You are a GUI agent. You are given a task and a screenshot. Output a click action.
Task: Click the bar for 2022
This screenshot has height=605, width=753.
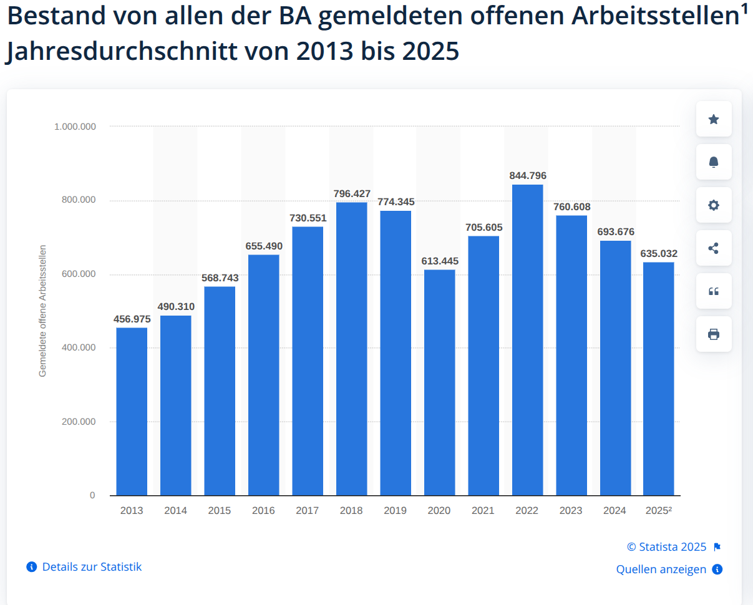point(527,340)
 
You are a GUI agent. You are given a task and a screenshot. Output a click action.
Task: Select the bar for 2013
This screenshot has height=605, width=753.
point(132,412)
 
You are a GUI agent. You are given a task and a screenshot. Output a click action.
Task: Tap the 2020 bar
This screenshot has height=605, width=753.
point(439,382)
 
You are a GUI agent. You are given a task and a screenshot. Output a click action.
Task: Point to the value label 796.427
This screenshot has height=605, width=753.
point(352,194)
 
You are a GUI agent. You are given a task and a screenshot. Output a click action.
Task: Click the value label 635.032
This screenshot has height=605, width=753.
point(659,254)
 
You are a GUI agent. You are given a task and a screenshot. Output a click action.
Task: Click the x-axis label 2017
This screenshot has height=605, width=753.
point(308,511)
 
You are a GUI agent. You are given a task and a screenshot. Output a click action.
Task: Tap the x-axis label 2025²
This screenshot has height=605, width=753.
point(658,511)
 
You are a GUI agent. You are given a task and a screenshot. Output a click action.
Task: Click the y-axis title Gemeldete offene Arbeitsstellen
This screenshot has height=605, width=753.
point(43,311)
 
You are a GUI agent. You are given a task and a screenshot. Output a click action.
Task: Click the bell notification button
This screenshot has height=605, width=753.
point(714,162)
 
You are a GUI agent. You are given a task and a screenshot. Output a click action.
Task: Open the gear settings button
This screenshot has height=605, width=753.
point(714,205)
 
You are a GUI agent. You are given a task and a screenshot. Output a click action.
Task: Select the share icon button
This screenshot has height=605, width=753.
point(714,248)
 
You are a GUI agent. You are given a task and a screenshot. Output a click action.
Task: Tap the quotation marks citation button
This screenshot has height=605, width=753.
point(714,291)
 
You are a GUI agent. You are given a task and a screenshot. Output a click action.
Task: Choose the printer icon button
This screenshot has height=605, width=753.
point(714,334)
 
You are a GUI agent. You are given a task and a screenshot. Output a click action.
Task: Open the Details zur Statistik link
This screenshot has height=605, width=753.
point(92,567)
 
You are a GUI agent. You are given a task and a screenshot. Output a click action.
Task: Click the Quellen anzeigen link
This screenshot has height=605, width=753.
point(661,569)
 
